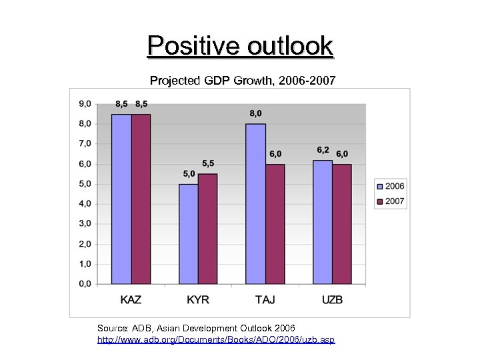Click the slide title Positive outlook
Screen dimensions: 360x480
[x=240, y=46]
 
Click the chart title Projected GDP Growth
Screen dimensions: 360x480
[x=243, y=81]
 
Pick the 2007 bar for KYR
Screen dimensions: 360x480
[x=207, y=229]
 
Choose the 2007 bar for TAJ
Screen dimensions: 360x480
[x=275, y=224]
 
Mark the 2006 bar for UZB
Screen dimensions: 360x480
[x=323, y=222]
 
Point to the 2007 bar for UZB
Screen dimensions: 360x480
[x=342, y=224]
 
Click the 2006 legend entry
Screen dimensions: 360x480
[x=390, y=186]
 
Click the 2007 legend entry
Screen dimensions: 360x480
[x=390, y=201]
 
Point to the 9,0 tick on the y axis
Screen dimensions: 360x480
[x=85, y=104]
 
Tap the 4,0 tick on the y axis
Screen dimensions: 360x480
[x=85, y=204]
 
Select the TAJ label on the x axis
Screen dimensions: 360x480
[x=265, y=299]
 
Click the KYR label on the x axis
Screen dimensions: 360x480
[x=198, y=299]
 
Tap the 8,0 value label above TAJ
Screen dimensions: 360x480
[x=255, y=114]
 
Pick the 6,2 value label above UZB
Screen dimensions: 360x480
[x=323, y=150]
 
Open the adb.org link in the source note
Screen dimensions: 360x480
[x=216, y=340]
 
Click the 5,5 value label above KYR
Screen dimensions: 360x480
[x=208, y=163]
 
